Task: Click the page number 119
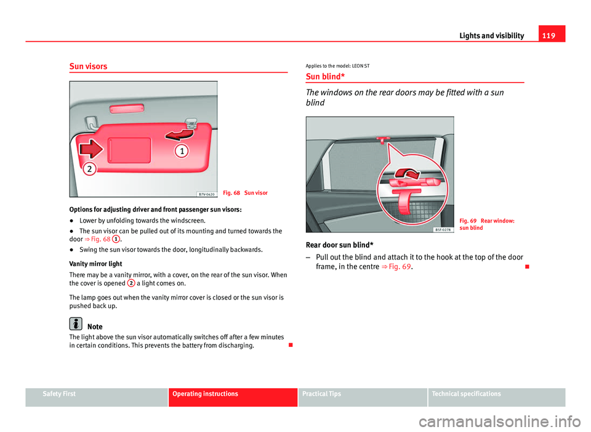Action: [x=554, y=35]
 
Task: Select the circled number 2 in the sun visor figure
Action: [x=89, y=168]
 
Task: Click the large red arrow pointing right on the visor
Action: [x=89, y=147]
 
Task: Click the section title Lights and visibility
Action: [x=491, y=36]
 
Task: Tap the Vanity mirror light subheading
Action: [x=96, y=263]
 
